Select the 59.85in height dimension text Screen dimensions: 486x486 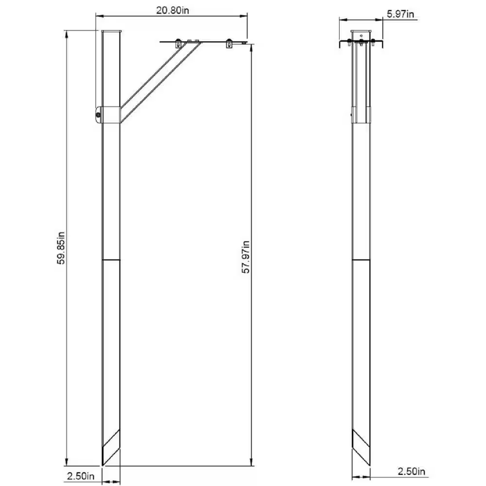coord(60,248)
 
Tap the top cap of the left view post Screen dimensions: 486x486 coord(111,32)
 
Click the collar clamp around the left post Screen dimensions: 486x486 coord(110,114)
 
